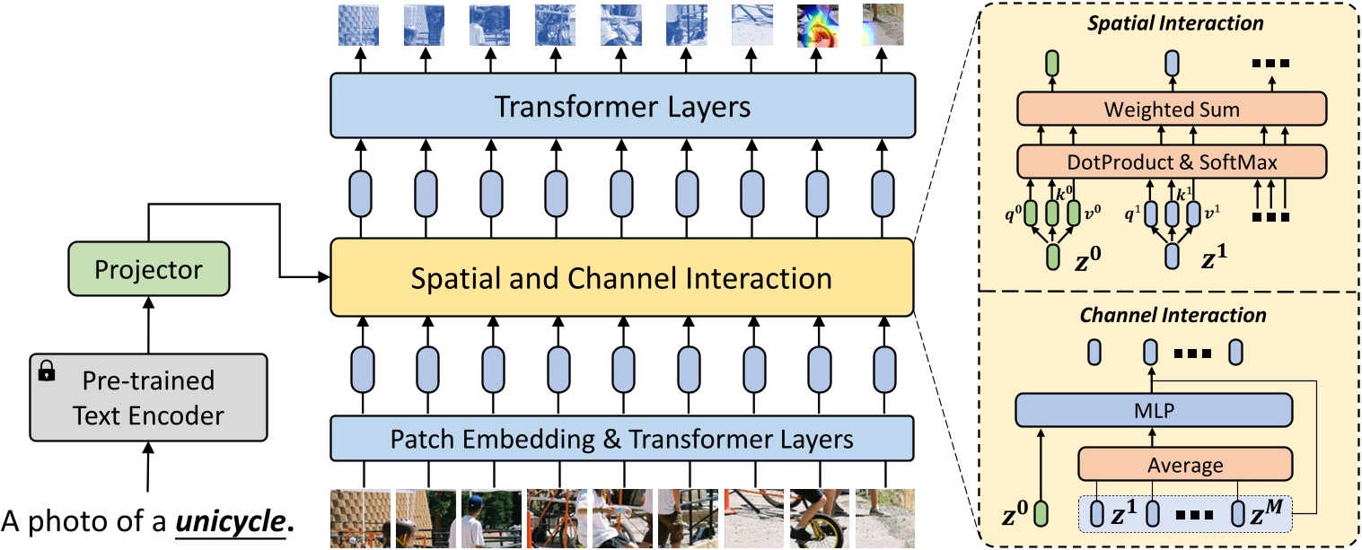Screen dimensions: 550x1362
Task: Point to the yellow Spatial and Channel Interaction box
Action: [621, 278]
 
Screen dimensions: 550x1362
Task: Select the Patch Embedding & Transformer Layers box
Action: [621, 440]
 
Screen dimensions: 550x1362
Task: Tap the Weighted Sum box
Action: [1172, 110]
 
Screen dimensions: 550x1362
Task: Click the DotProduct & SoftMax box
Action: [1172, 162]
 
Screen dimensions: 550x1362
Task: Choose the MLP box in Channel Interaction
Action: [1154, 412]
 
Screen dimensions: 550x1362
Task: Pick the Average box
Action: [1184, 466]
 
